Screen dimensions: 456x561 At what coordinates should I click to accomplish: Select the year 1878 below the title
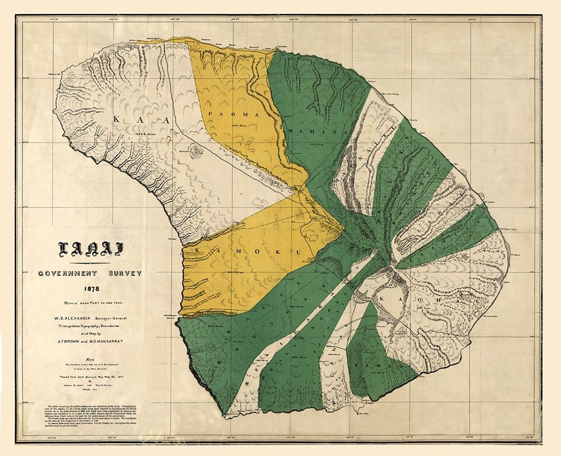(x=90, y=289)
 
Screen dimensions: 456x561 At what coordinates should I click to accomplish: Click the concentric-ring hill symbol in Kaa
(x=196, y=151)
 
